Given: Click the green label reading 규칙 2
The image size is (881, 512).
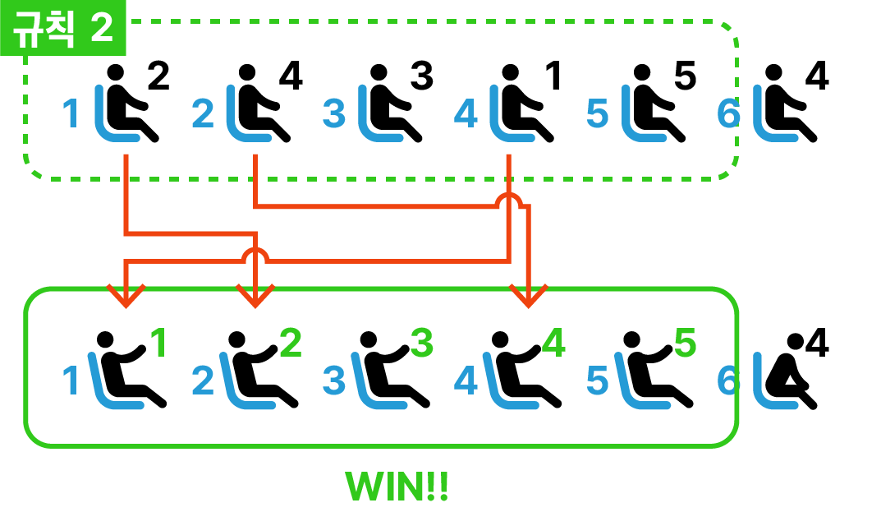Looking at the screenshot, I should [x=62, y=30].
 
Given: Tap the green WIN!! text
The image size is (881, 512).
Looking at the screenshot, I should [x=397, y=487].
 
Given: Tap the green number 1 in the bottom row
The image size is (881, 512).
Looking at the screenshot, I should [x=158, y=344].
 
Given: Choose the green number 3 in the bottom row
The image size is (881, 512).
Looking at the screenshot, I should [x=420, y=344].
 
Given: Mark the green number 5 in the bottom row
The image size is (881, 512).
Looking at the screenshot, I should [x=685, y=344].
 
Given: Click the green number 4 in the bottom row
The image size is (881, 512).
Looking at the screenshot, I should [x=553, y=344].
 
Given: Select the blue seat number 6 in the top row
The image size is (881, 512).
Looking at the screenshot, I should [x=728, y=113].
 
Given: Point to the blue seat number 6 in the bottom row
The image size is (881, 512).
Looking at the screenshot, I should [x=728, y=381].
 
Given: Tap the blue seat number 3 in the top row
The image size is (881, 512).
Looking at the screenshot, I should [x=333, y=113].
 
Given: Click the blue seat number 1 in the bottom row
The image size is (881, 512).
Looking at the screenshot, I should [x=72, y=381].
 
